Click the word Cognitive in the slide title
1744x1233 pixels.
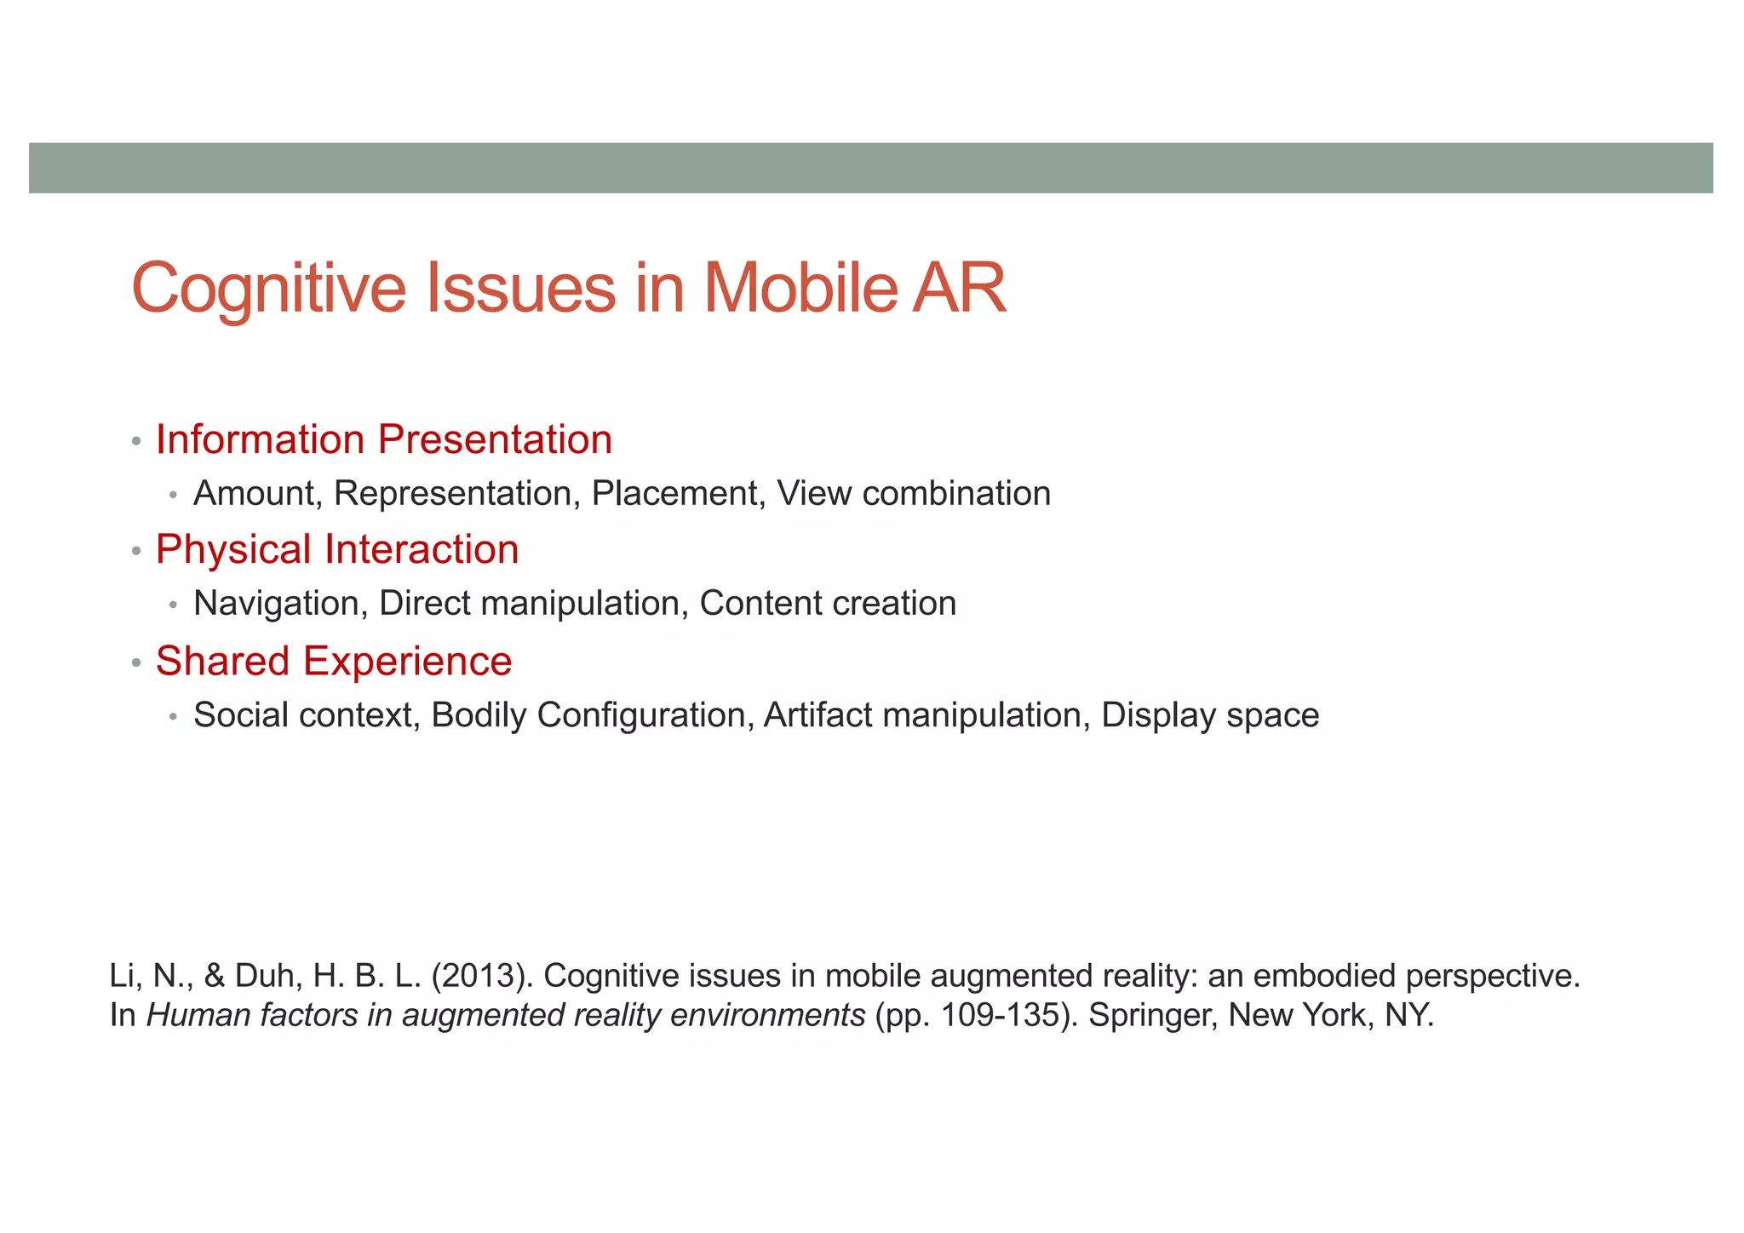[269, 290]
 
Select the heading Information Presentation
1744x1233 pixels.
[384, 440]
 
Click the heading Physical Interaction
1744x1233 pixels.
[337, 550]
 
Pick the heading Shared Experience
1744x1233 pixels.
[334, 662]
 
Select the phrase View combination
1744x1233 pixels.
[914, 494]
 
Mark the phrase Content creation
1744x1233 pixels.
[828, 604]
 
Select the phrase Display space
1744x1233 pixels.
[1210, 715]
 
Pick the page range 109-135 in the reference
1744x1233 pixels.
[997, 1016]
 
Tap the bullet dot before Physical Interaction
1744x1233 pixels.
[136, 552]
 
